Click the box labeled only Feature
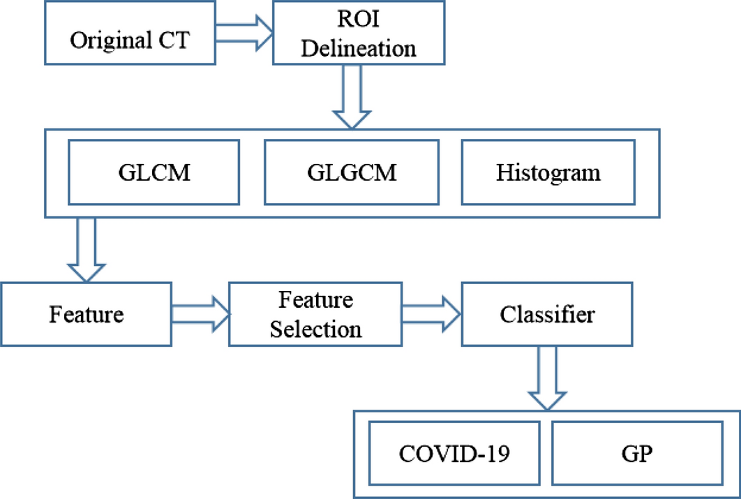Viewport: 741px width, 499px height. (x=87, y=314)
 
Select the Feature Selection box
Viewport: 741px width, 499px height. (x=316, y=314)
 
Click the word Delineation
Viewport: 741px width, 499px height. (x=363, y=49)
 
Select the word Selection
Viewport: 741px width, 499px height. (x=316, y=328)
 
